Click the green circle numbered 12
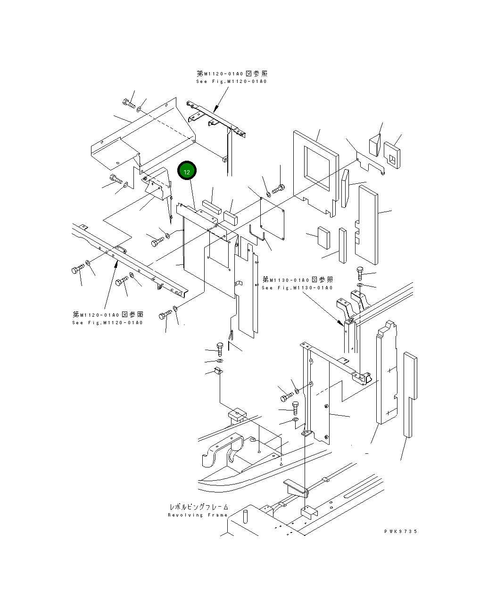click(x=187, y=172)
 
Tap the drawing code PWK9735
click(x=400, y=532)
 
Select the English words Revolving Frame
click(x=198, y=515)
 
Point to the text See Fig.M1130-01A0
click(x=297, y=288)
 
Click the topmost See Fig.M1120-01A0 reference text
click(x=232, y=82)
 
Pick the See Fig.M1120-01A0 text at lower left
click(x=108, y=323)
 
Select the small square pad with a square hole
click(x=392, y=154)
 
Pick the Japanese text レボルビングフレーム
click(x=199, y=507)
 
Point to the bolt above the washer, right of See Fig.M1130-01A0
click(x=360, y=272)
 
